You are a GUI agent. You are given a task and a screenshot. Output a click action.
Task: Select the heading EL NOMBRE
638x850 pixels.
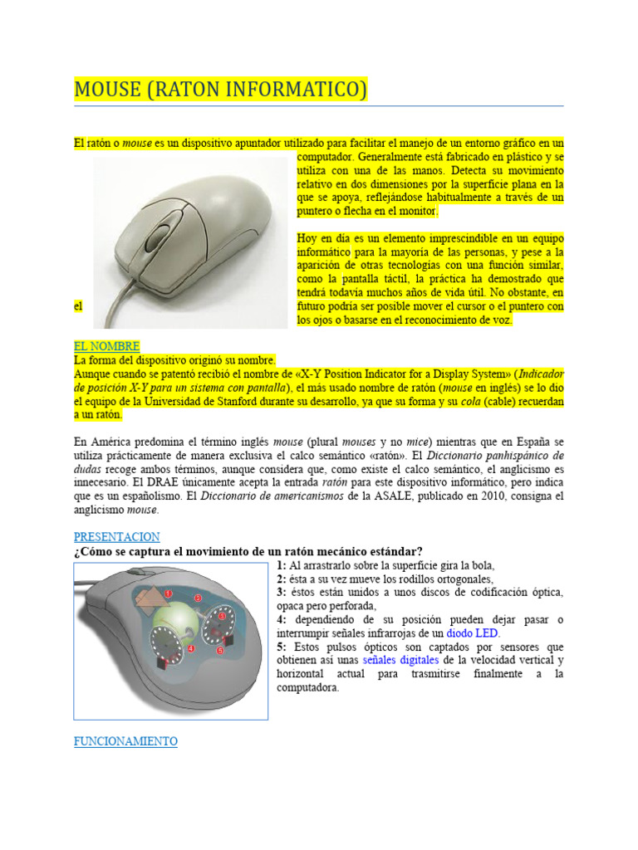coord(106,345)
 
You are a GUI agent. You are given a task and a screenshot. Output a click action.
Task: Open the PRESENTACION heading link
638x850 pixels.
coord(116,537)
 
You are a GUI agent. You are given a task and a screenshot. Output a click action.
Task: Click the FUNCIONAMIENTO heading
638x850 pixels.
coord(125,741)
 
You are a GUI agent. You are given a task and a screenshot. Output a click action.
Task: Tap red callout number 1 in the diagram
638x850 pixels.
coord(169,594)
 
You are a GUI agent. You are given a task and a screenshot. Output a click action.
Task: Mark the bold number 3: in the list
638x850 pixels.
coord(282,593)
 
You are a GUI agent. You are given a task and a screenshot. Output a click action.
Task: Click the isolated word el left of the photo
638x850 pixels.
coord(79,306)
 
